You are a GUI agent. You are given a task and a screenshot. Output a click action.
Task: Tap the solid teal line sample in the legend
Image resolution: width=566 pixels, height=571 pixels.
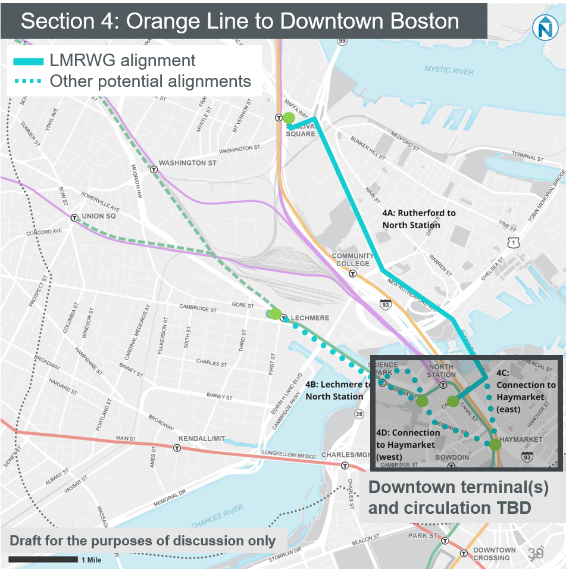click(x=28, y=61)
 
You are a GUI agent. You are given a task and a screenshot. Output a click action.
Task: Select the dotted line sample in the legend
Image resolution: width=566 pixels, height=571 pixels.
click(x=28, y=82)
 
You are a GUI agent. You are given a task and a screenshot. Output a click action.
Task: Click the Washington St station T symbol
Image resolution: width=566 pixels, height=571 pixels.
click(x=154, y=169)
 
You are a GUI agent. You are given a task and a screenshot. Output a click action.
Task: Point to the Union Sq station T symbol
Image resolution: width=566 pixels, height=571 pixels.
click(x=74, y=218)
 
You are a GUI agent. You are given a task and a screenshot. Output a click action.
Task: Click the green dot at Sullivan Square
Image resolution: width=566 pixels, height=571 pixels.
click(x=288, y=118)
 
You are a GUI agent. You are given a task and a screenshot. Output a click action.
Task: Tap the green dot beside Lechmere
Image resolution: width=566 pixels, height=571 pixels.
click(x=275, y=313)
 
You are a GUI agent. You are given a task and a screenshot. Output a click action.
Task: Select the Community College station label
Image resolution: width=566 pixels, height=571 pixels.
click(x=352, y=260)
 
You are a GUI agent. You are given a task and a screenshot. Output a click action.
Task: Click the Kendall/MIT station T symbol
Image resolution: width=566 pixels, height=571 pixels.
click(x=177, y=448)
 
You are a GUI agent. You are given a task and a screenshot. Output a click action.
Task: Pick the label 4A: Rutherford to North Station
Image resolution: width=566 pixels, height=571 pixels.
click(x=419, y=219)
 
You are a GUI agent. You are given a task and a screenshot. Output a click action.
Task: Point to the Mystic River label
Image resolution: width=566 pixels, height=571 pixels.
click(x=449, y=71)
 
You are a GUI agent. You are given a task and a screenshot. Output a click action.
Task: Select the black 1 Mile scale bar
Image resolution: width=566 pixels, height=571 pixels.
click(x=43, y=559)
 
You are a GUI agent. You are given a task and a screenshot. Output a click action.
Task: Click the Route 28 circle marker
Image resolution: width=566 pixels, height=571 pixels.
click(x=359, y=414)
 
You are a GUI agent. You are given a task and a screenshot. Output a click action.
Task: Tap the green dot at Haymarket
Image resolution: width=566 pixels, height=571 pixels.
click(x=495, y=444)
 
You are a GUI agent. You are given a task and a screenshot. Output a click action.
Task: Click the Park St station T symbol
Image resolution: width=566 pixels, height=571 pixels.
click(x=443, y=541)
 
